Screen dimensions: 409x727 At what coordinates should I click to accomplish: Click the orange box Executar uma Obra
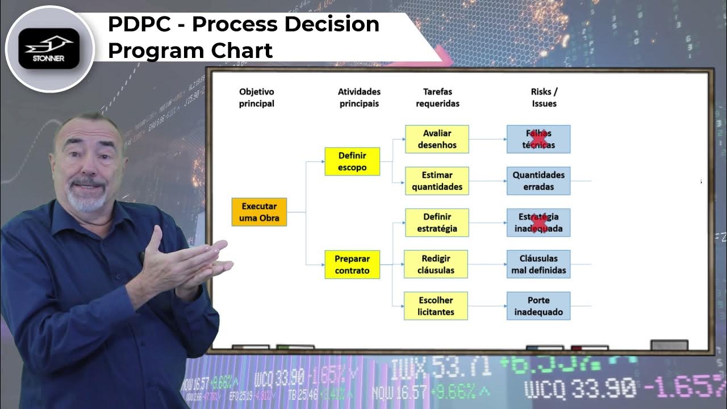(259, 212)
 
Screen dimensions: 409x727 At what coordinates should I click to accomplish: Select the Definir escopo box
(352, 161)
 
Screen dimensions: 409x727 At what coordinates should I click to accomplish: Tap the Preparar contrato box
(352, 265)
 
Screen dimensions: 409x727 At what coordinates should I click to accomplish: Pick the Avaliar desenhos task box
(437, 139)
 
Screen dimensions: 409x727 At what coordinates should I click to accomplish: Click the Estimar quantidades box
(437, 181)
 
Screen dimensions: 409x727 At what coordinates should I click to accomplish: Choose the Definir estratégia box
(437, 223)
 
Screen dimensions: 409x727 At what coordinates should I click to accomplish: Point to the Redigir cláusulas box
(436, 264)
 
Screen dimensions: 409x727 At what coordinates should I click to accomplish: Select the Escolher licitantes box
(436, 306)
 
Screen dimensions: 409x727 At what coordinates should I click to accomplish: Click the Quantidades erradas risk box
(538, 181)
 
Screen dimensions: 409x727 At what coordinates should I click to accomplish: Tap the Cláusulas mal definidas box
(538, 264)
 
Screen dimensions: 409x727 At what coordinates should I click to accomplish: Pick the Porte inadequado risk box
(538, 306)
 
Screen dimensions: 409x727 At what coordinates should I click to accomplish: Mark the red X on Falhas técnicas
(539, 139)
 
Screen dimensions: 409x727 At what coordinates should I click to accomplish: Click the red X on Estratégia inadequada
(539, 223)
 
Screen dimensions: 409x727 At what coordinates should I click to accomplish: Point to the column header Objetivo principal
(256, 97)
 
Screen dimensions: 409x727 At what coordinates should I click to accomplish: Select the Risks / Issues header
(544, 97)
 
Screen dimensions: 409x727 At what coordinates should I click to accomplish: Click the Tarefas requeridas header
(437, 97)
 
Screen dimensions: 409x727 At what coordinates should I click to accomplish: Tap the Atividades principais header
(359, 97)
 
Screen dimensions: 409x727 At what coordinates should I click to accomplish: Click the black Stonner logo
(49, 48)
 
